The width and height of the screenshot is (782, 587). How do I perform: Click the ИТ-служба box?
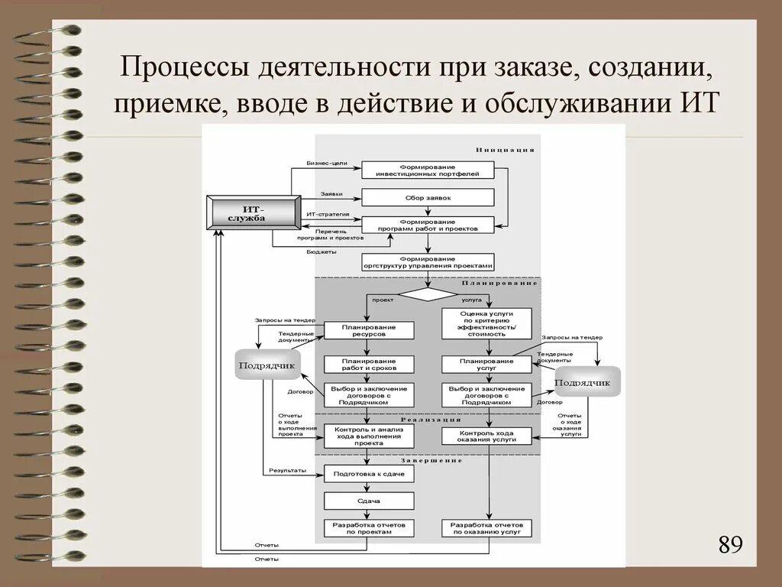(x=254, y=213)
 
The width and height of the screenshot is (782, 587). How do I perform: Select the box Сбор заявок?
(x=428, y=197)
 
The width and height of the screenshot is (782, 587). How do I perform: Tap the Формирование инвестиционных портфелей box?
(x=428, y=170)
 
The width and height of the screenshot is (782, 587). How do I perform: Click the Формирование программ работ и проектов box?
(x=428, y=225)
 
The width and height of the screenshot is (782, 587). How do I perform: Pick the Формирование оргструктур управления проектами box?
(x=428, y=262)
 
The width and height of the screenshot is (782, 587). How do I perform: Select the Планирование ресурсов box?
(x=369, y=330)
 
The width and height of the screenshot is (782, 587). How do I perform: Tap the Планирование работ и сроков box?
(x=369, y=364)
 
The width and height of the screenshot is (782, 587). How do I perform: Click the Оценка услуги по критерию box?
(x=486, y=323)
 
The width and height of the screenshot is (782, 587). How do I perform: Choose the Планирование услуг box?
(x=486, y=364)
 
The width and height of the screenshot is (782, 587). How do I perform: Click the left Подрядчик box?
(x=267, y=365)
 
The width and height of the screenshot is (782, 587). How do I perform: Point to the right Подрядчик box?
(x=586, y=381)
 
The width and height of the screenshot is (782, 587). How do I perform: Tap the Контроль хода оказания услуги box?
(x=486, y=436)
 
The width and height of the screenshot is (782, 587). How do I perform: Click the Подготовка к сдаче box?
(x=369, y=474)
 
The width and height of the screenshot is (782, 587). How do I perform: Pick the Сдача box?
(x=369, y=501)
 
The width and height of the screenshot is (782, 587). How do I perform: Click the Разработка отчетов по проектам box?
(x=369, y=528)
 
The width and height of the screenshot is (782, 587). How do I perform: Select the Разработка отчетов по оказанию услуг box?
(x=486, y=528)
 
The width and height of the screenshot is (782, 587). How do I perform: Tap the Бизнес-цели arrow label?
(x=327, y=164)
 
